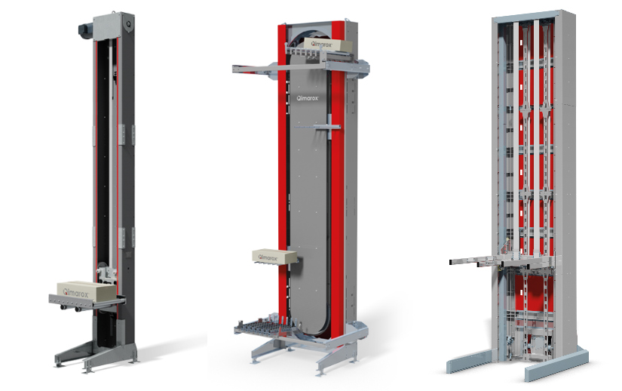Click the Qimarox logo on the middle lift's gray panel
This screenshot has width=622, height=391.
point(308,97)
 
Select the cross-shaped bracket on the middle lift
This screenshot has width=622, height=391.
point(328,127)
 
